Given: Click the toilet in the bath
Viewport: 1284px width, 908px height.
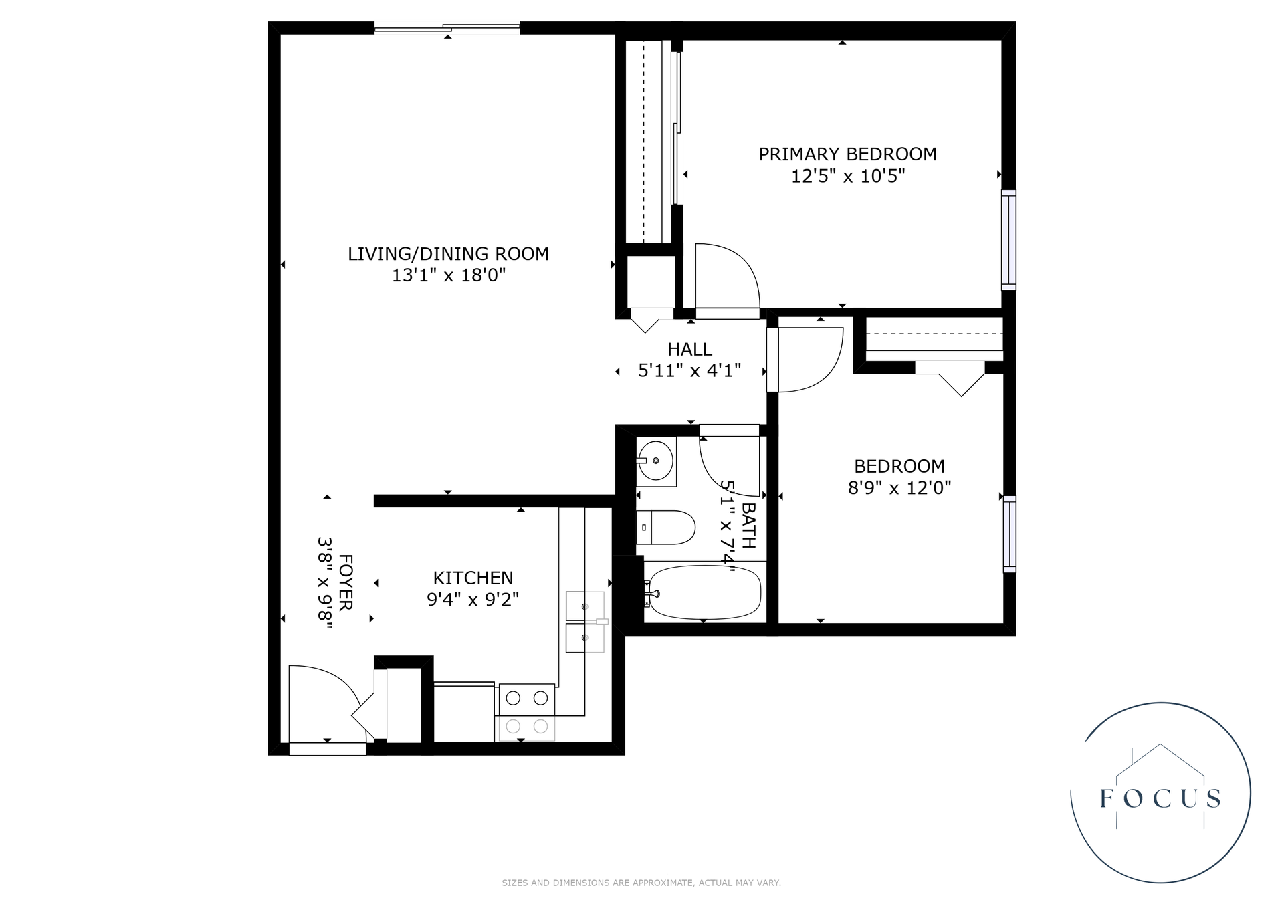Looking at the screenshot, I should [666, 527].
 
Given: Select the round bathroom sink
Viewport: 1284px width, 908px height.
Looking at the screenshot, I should [655, 461].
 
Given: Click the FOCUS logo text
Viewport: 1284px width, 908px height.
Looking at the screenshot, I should [1160, 798].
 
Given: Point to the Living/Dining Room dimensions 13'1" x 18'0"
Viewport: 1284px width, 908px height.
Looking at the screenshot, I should [448, 275].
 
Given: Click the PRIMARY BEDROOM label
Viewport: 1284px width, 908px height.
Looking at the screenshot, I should [847, 154].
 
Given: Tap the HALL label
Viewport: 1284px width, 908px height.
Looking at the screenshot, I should [689, 349].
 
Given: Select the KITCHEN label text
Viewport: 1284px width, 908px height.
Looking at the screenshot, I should [473, 578].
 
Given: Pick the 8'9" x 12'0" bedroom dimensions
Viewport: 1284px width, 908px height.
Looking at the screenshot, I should [899, 488].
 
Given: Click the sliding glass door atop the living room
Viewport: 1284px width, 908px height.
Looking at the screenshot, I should [447, 28].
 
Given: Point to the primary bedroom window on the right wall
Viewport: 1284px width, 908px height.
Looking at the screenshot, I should [1008, 240].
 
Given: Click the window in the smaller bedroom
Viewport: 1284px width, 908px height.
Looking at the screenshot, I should [1009, 534].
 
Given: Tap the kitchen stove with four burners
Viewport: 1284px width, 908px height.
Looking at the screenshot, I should [526, 712].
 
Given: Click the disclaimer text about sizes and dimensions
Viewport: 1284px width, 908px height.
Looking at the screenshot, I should [641, 883].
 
